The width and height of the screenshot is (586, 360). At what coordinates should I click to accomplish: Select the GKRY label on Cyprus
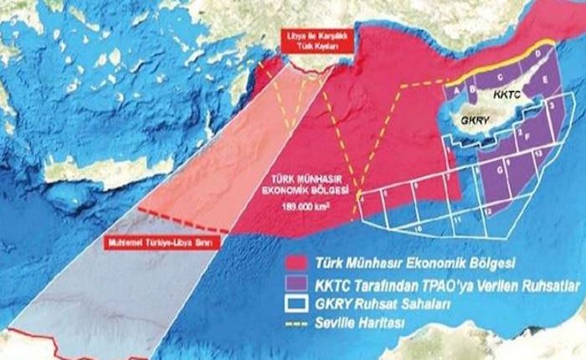click(474, 120)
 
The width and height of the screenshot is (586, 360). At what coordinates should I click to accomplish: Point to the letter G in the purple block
click(500, 173)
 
